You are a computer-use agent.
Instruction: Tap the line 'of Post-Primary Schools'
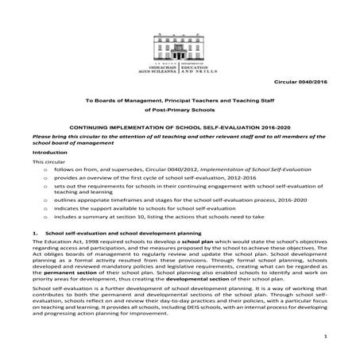[180, 109]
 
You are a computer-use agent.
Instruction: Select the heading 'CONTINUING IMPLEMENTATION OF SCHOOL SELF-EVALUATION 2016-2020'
[180, 126]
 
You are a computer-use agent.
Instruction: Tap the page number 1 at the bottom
[327, 338]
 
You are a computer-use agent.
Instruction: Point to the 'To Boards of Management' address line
[180, 96]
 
